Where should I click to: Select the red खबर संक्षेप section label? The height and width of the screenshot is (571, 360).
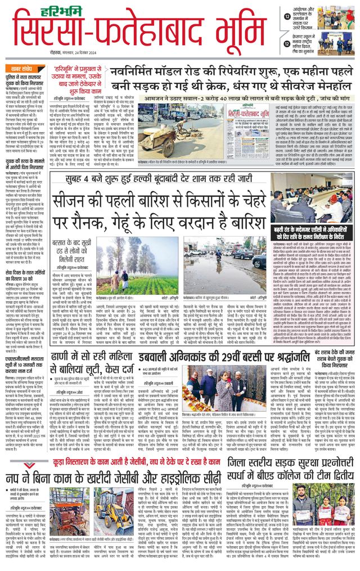[23, 66]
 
